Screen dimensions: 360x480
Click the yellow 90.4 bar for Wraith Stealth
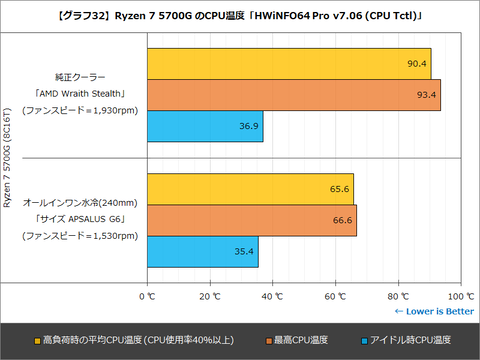(x=290, y=64)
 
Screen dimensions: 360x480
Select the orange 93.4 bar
(x=295, y=95)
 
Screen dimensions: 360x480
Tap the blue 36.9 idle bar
(x=206, y=126)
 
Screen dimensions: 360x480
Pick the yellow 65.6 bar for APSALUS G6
(x=251, y=189)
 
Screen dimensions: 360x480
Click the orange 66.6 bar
(x=253, y=220)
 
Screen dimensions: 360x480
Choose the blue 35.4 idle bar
(x=204, y=251)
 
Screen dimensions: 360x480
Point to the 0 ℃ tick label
(x=150, y=296)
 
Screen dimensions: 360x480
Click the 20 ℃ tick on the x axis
(x=211, y=296)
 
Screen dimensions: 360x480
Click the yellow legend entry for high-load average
(x=129, y=340)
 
